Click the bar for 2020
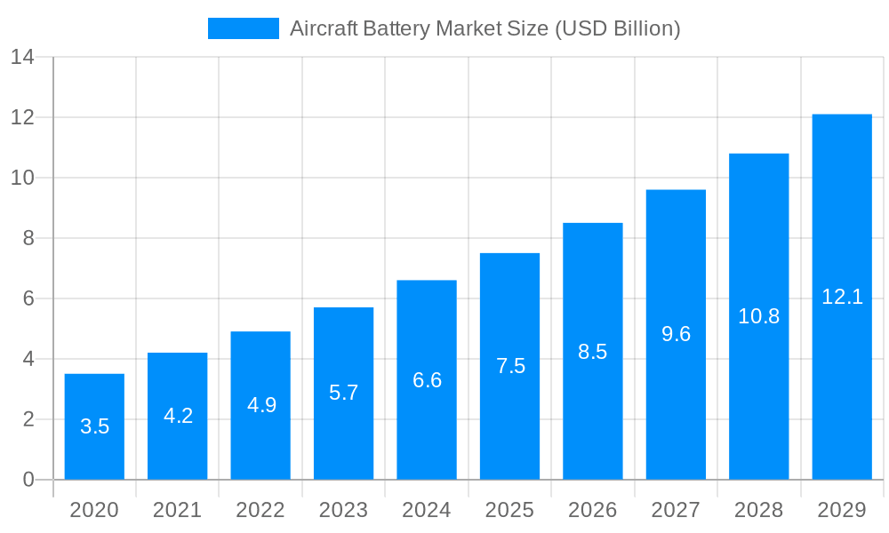(94, 426)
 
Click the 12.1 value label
(842, 297)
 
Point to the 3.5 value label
(94, 426)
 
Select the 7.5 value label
(510, 366)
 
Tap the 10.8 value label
(758, 316)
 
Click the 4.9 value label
(261, 405)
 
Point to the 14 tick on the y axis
(22, 58)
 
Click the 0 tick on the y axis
(28, 480)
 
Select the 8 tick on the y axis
(28, 238)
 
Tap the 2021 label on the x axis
(177, 510)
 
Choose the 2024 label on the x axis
(427, 510)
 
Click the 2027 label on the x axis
(676, 510)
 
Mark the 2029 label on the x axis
(842, 510)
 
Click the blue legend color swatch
(243, 28)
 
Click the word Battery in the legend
(397, 28)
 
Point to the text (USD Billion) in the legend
(617, 28)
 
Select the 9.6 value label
(676, 334)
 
